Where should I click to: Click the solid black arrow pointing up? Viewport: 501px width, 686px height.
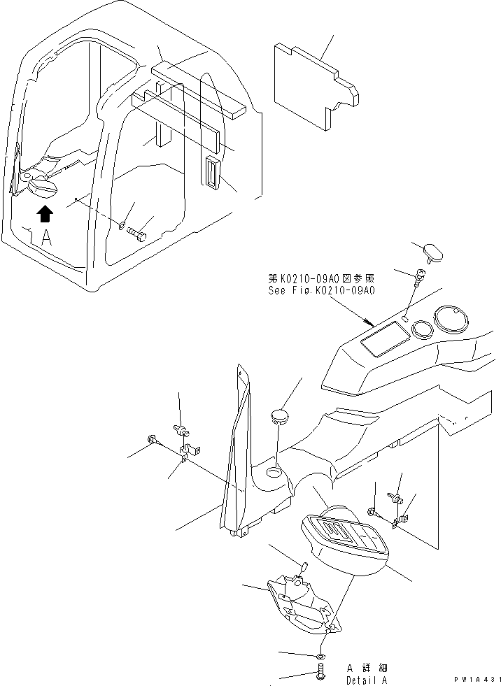click(x=45, y=213)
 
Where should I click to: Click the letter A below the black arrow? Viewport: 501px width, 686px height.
click(x=45, y=238)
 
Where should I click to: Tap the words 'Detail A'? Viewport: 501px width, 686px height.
click(x=365, y=680)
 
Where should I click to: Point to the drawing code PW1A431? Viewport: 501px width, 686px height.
click(x=477, y=680)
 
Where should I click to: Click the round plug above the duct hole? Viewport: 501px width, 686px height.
click(x=280, y=417)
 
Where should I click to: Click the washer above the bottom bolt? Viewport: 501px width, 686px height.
click(x=320, y=655)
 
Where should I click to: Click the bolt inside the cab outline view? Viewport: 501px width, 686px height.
click(x=139, y=236)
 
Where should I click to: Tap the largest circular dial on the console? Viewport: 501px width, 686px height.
click(x=452, y=322)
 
